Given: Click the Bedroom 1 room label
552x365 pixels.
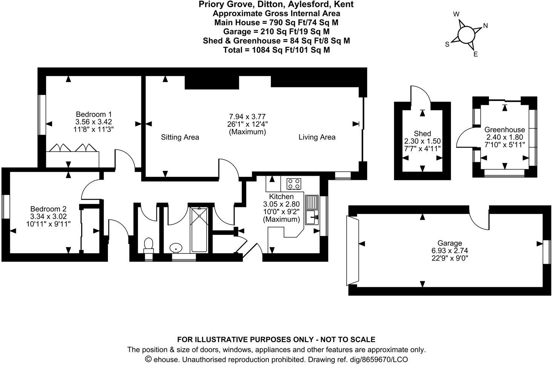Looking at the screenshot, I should coord(94,114).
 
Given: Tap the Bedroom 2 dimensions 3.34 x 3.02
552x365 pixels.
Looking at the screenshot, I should coord(48,216).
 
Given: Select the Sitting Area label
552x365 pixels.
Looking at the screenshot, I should coord(180,137).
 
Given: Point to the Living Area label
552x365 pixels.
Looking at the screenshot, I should coord(317,137).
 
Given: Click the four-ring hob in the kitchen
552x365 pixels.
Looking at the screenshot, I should coord(294,184).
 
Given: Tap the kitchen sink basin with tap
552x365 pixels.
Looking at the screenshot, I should coord(312,216).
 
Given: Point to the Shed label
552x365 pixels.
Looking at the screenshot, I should coord(422,133).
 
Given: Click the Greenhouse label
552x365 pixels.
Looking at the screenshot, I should coord(504,130).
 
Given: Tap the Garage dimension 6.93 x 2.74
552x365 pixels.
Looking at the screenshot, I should coord(450,251).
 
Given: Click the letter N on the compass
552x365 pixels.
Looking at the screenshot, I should coord(486,26).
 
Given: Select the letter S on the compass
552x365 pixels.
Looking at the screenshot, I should coord(447,44).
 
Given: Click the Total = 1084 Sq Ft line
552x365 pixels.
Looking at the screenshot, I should coord(276,50).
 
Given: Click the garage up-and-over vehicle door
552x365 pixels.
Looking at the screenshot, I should coord(353,251).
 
